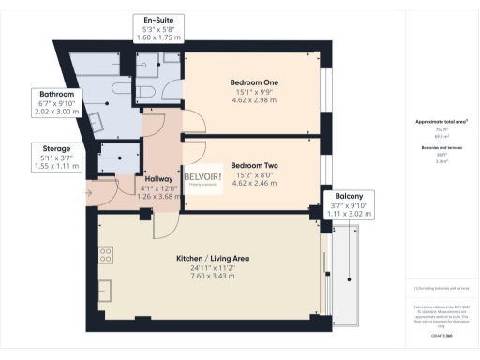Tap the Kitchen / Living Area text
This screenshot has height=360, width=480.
205,258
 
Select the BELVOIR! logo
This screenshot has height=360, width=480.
202,179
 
